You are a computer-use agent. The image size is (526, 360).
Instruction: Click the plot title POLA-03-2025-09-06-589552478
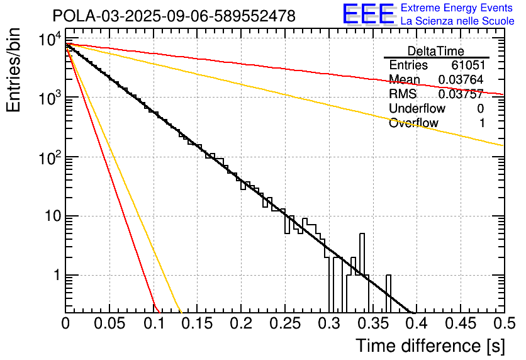(174, 16)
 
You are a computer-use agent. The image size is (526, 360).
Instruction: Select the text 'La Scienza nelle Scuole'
(457, 21)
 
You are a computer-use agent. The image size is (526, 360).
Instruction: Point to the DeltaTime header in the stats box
(436, 51)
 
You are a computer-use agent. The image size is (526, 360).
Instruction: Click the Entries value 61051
(467, 65)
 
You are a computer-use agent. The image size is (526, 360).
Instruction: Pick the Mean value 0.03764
(460, 80)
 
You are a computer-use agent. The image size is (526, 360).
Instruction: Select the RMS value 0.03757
(460, 94)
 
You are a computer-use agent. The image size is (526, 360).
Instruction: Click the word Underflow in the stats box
(416, 109)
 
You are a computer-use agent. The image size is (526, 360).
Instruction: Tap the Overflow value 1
(481, 123)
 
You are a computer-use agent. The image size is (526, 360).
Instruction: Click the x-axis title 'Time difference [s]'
(430, 346)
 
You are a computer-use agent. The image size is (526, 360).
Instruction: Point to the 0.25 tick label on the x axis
(284, 325)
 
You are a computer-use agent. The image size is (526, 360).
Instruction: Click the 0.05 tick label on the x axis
(109, 325)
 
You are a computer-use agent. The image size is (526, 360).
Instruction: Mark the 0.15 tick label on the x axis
(197, 325)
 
